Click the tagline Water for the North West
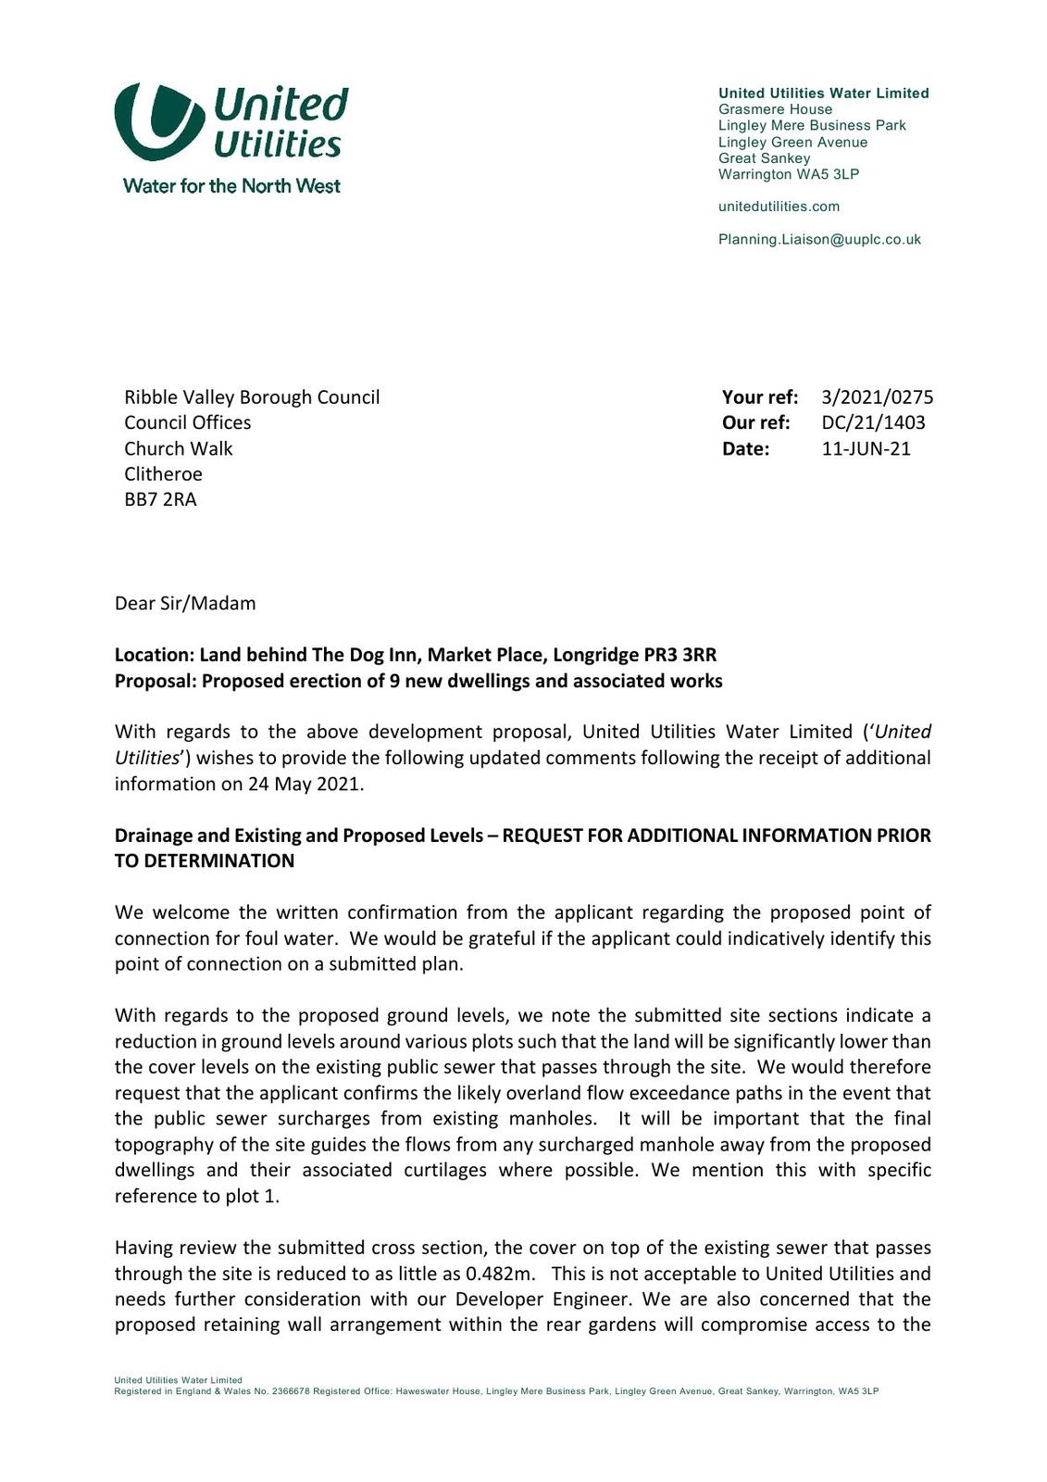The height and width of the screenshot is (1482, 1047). pyautogui.click(x=231, y=186)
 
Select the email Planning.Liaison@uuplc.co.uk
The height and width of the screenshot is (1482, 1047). pyautogui.click(x=819, y=240)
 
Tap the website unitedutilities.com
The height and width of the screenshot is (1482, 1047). pyautogui.click(x=779, y=207)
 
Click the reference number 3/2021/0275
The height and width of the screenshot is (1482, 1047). pyautogui.click(x=877, y=397)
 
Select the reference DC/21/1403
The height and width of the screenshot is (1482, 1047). pyautogui.click(x=873, y=423)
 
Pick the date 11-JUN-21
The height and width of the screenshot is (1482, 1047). pyautogui.click(x=866, y=449)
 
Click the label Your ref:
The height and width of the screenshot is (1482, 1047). pyautogui.click(x=759, y=397)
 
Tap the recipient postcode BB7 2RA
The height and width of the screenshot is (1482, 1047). pyautogui.click(x=160, y=500)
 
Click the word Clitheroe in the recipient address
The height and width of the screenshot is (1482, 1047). pyautogui.click(x=163, y=474)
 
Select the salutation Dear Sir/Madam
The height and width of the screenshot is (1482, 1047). pyautogui.click(x=185, y=604)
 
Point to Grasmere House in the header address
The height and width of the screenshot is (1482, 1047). pyautogui.click(x=775, y=109)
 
